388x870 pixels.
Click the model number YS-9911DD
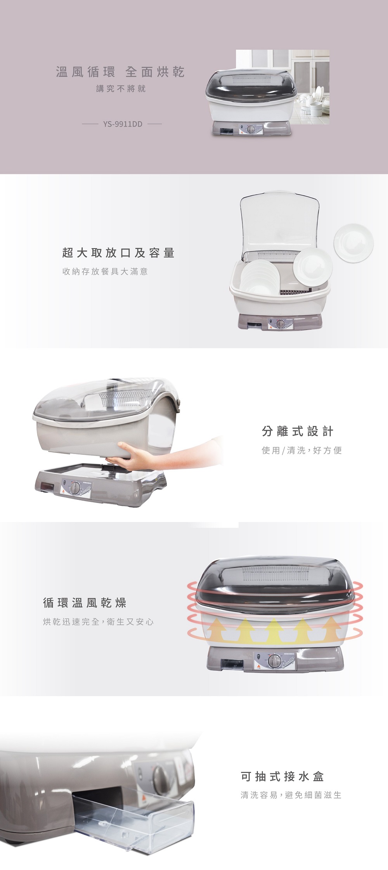coord(123,124)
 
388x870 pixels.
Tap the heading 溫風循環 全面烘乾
coord(120,72)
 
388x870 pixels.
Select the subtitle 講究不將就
coord(121,89)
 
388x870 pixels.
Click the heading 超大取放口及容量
coord(118,253)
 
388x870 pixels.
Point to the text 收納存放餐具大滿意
coord(105,271)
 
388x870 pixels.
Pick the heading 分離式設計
coord(298,431)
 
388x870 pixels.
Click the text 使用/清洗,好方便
coord(302,450)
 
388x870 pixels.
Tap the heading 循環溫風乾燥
coord(85,603)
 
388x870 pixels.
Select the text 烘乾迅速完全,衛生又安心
coord(98,622)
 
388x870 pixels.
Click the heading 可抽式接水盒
coord(282,776)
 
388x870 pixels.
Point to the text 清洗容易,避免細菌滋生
coord(291,795)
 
